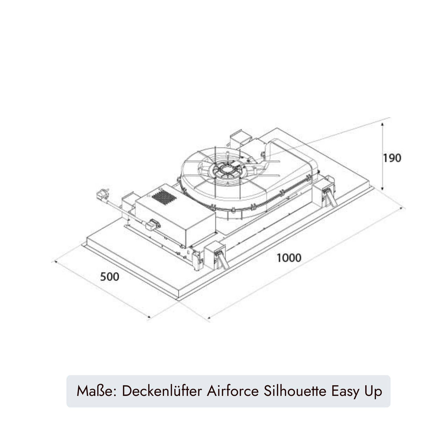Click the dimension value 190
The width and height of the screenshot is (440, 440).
coord(392,158)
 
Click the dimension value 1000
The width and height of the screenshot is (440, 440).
coord(289,257)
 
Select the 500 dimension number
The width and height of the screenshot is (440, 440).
coord(110,277)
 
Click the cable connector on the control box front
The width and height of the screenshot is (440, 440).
coord(153,224)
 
